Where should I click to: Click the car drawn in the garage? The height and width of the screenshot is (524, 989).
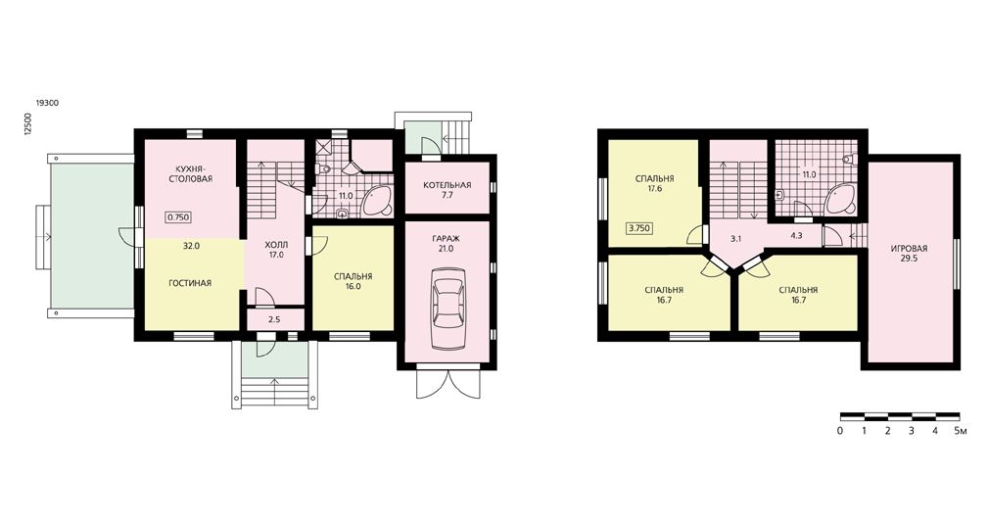coord(447,309)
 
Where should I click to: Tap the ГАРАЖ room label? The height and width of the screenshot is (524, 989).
coord(447,239)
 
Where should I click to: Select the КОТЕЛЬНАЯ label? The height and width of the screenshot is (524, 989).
coord(447,185)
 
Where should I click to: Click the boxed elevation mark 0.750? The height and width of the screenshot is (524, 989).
coord(178,217)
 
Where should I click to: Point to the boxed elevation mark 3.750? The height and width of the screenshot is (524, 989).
coord(639,228)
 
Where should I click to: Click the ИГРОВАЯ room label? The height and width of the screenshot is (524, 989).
coord(909,249)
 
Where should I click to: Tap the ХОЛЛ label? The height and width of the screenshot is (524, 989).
coord(275,245)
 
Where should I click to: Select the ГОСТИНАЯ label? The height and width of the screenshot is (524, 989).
coord(190,283)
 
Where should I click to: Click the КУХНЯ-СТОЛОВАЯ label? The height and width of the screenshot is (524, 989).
coord(190,173)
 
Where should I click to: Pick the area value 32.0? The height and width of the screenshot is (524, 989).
coord(191,247)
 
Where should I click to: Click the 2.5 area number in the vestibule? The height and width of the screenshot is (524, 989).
coord(274,319)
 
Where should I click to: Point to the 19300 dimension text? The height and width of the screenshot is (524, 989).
coord(47,103)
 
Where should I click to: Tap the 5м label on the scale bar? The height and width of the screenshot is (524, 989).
coord(960,431)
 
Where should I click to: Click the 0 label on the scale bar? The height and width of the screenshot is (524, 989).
coord(840,431)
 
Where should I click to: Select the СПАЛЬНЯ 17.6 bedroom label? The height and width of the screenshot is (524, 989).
coord(655,183)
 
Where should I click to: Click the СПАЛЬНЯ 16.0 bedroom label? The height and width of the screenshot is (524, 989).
coord(353,281)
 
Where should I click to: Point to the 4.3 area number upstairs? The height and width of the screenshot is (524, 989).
coord(796,236)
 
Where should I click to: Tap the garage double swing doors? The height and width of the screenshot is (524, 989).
coord(447,384)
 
